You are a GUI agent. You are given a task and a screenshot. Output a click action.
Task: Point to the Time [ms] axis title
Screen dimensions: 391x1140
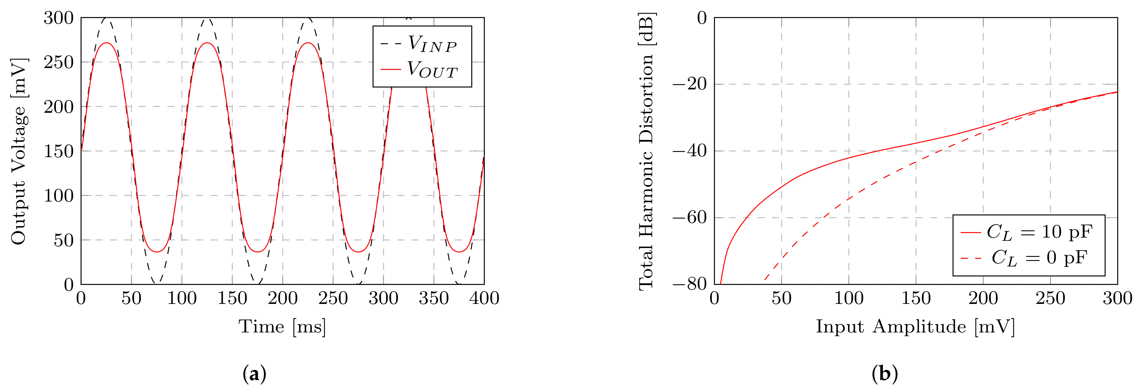(282, 327)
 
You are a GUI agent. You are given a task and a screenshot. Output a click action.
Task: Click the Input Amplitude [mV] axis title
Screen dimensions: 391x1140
(915, 327)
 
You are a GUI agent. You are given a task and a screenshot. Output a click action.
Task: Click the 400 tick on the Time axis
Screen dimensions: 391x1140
(484, 298)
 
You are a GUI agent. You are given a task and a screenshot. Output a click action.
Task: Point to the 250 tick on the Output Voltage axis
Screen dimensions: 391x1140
(59, 62)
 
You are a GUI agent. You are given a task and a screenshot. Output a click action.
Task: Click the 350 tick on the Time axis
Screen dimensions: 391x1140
(434, 298)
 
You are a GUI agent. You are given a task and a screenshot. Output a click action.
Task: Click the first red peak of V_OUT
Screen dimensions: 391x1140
(106, 43)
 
